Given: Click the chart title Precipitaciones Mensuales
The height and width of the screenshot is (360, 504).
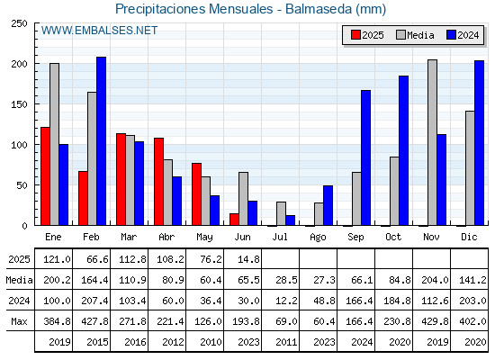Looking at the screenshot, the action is point(193,9).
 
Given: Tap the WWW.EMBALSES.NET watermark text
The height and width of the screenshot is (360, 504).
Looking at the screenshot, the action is point(99,31).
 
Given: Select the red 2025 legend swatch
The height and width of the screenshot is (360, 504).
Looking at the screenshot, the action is point(355,35).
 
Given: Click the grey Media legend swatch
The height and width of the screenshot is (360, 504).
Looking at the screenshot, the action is point(400,35).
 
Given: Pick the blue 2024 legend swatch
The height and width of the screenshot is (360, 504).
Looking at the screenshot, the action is point(451,35).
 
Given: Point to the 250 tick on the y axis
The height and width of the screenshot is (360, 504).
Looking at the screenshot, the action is point(19,23).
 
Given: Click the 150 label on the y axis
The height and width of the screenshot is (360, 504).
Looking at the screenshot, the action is point(19,104).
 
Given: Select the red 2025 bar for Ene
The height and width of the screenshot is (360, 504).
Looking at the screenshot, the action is point(45,176).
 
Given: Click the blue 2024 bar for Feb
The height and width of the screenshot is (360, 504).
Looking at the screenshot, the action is point(101,141).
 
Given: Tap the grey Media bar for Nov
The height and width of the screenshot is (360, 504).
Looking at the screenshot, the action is point(432,142).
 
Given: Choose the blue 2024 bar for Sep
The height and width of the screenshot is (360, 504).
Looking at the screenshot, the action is point(365,157).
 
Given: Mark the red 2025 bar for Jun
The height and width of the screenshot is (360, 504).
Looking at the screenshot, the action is point(234,220).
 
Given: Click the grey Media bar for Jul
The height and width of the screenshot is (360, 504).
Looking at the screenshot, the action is point(281,214).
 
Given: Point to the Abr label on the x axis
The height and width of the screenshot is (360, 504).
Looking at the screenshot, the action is point(166,237).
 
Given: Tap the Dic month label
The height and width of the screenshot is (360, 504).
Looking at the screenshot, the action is point(469,237).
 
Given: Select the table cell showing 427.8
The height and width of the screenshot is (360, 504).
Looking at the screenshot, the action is point(94,321).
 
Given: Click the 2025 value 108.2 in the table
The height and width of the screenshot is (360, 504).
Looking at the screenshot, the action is point(170,259).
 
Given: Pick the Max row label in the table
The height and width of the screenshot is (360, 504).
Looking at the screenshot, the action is point(19,321).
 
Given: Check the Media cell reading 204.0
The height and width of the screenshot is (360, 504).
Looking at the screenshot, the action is point(435,280).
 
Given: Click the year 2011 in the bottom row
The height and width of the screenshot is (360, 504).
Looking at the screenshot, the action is point(286,342).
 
